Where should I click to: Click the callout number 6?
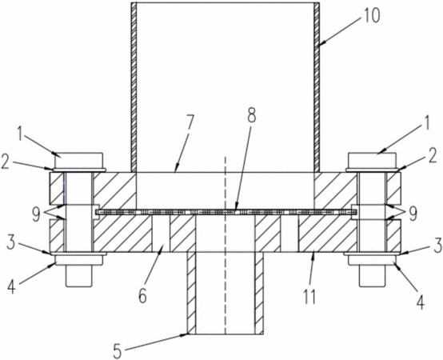click(x=142, y=295)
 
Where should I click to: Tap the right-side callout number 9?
click(x=413, y=214)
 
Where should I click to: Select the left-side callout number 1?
click(x=20, y=134)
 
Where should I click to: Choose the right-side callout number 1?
click(x=426, y=123)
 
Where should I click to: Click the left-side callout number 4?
click(x=11, y=286)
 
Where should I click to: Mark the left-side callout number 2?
click(x=6, y=163)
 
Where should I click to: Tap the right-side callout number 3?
click(x=437, y=246)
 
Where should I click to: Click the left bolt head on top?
click(x=79, y=160)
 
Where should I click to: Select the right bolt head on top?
click(x=372, y=161)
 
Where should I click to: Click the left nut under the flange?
click(x=79, y=260)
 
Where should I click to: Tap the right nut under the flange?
click(x=372, y=260)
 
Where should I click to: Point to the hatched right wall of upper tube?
click(x=317, y=87)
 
